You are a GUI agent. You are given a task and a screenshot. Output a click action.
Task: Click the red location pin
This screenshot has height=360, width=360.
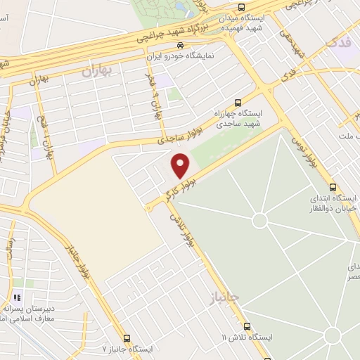181,165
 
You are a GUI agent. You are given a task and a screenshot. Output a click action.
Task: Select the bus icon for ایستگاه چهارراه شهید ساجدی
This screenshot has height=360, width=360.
238,101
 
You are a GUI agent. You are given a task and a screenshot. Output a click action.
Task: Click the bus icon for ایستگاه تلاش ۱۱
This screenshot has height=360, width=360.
247,327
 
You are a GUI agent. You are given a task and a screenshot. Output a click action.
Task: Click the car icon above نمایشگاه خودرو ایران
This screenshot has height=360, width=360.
180,46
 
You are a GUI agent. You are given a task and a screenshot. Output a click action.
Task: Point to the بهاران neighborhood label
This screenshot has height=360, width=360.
97,70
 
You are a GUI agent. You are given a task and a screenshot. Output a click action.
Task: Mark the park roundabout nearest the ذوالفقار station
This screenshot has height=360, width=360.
259,221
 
